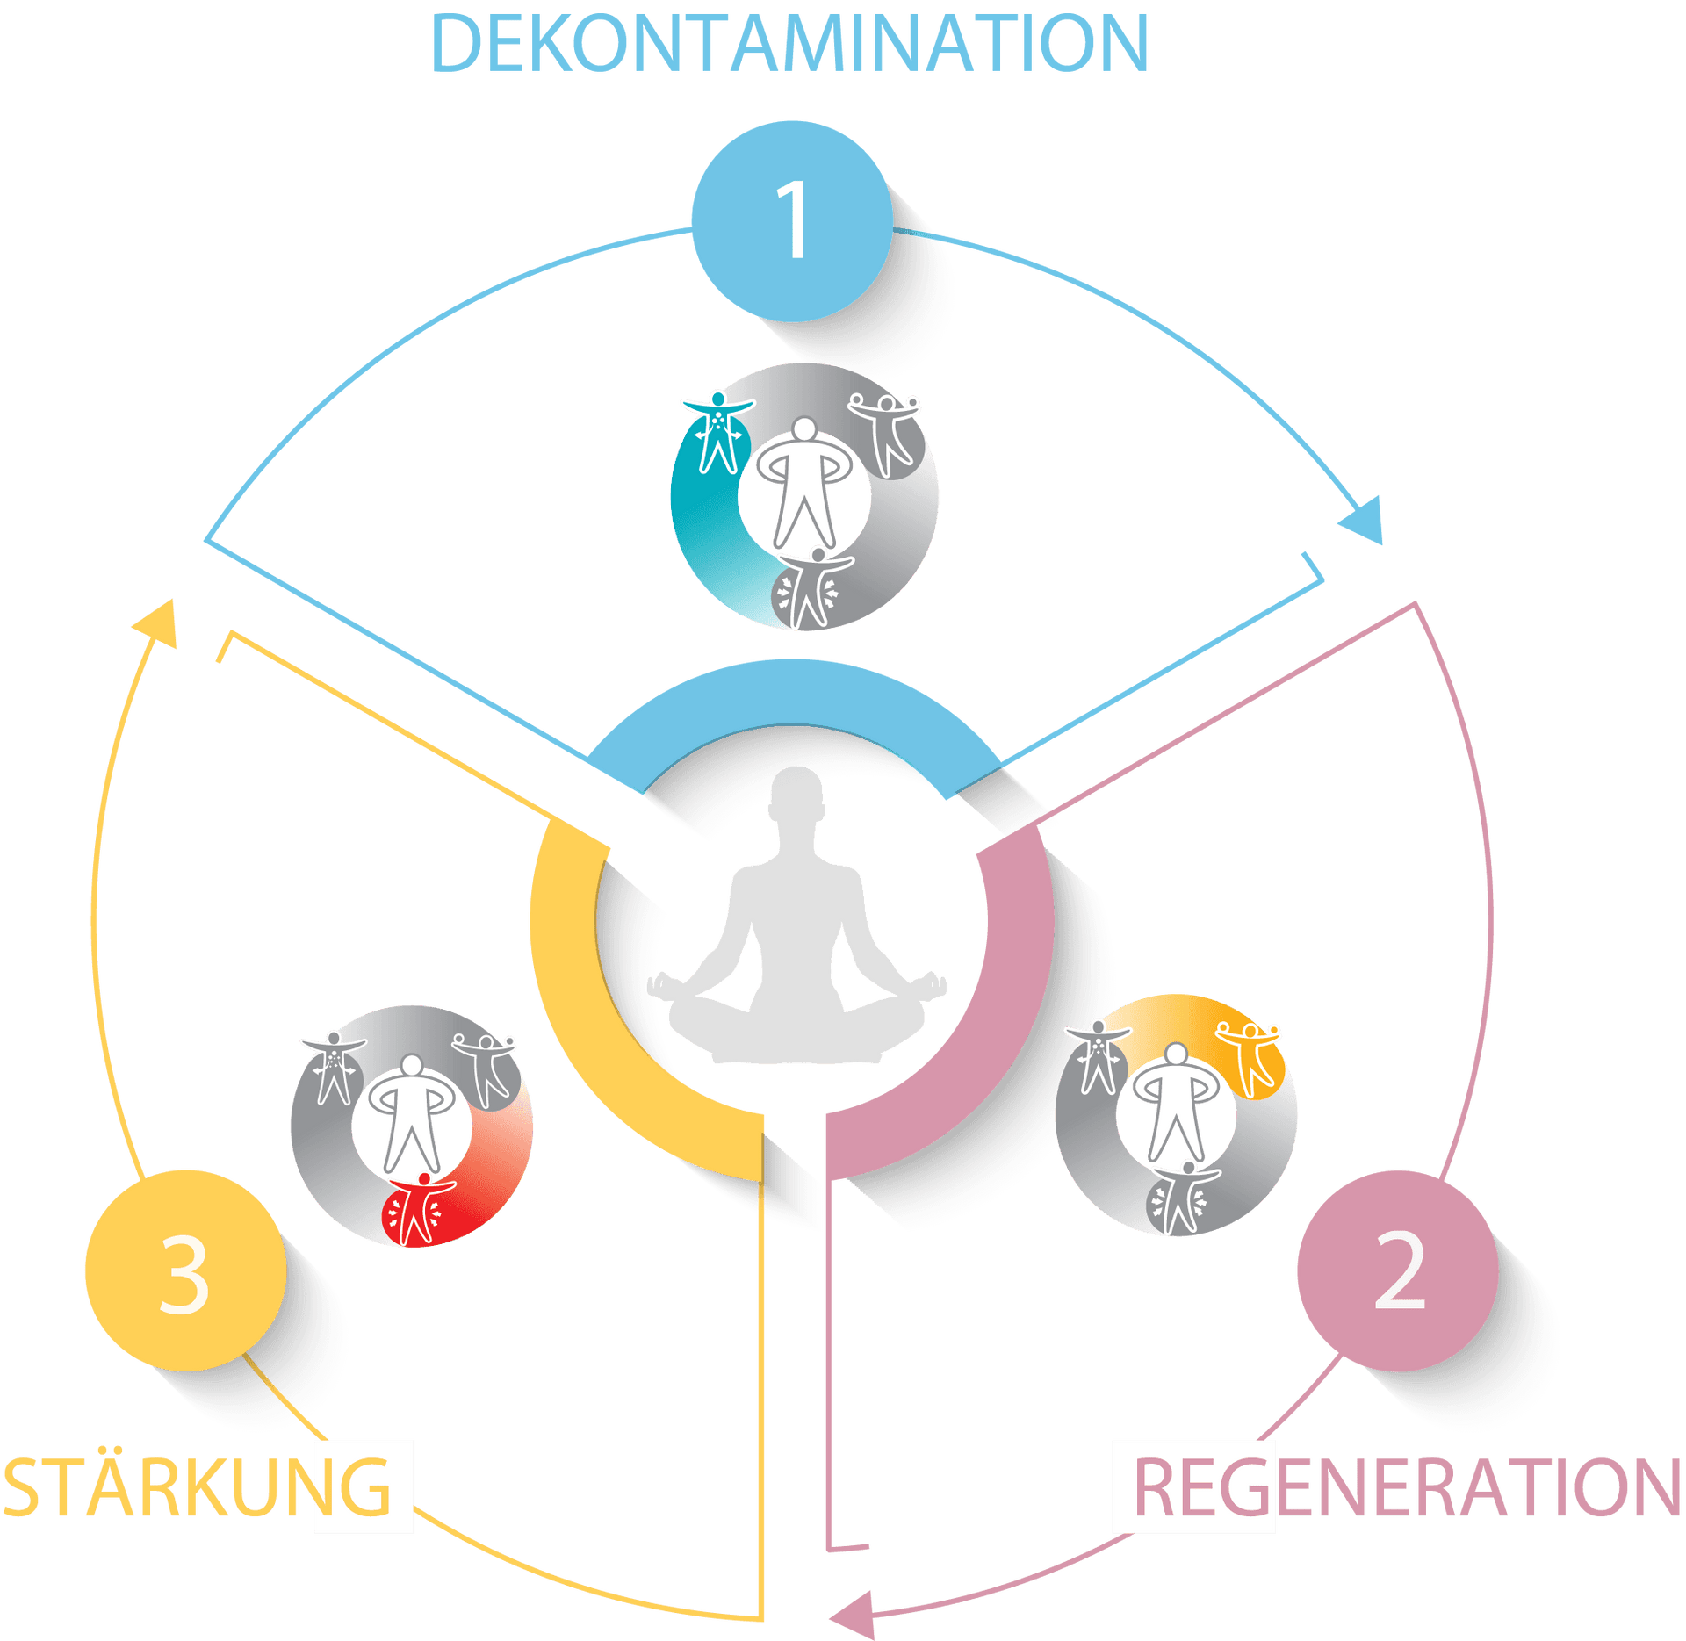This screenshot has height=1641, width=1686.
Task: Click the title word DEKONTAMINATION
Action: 789,44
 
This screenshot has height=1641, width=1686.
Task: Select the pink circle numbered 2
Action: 1397,1270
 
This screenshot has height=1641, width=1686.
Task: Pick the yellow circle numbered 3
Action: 185,1270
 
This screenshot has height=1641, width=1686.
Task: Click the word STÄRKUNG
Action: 197,1487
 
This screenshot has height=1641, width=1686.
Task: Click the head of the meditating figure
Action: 797,795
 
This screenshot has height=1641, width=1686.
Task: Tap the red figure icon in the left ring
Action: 421,1209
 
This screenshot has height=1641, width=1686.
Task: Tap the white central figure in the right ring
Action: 1176,1101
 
